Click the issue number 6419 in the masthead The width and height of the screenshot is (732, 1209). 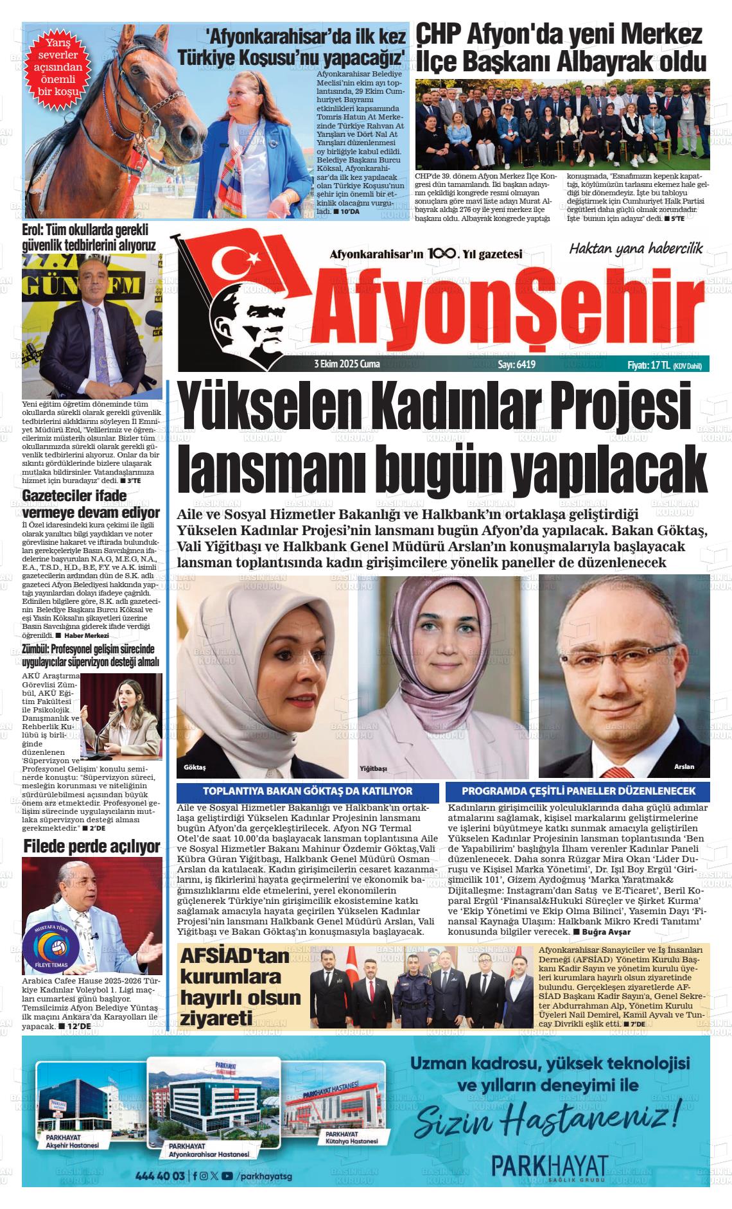(x=516, y=364)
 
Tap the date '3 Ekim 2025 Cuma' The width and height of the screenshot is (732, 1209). (x=347, y=364)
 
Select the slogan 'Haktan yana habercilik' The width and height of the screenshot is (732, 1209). (x=636, y=248)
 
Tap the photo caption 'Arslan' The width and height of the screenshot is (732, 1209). (x=684, y=767)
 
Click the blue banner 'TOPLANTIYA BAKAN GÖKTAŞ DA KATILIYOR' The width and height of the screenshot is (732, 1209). (x=308, y=791)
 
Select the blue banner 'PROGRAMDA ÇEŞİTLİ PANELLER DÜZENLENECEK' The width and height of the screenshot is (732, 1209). (x=579, y=791)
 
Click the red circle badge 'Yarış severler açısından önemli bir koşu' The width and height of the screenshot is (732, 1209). (x=58, y=67)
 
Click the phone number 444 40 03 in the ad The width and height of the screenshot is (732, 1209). (x=161, y=1176)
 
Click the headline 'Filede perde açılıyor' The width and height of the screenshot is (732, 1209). (x=91, y=847)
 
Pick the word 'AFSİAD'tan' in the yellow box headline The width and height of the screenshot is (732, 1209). (x=236, y=957)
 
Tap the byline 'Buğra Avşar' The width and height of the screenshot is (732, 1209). (x=606, y=931)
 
